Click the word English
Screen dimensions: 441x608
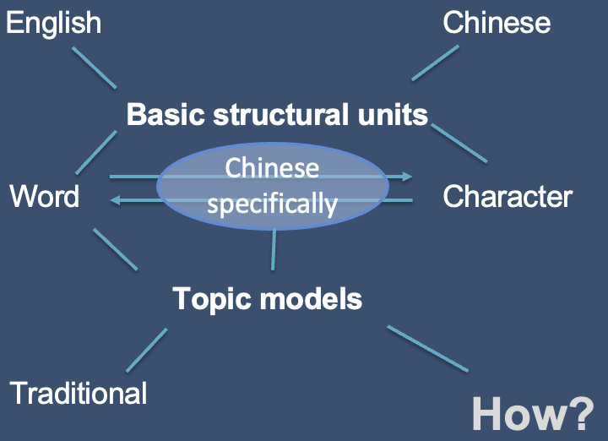[x=53, y=23]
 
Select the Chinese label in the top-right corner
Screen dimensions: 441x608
[x=497, y=23]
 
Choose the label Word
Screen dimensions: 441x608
[x=45, y=196]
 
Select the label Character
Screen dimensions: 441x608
[x=508, y=196]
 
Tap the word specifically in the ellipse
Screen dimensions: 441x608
[x=272, y=204]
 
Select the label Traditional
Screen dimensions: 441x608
[x=79, y=393]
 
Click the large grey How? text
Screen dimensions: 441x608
[x=533, y=414]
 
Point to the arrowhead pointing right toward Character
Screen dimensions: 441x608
[x=408, y=177]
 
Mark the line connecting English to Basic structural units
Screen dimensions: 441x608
[x=94, y=68]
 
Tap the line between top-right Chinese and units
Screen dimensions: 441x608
[x=436, y=63]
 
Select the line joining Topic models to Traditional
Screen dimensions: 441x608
[x=147, y=350]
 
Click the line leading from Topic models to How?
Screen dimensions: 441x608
[x=427, y=348]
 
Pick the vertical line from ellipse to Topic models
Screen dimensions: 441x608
[x=273, y=249]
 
